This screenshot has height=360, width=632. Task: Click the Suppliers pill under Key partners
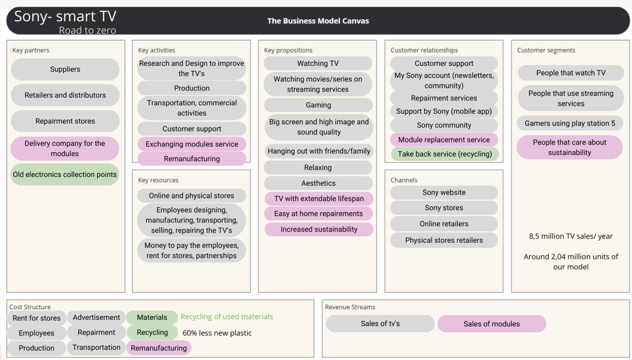pos(65,69)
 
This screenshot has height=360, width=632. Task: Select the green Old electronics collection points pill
pos(65,174)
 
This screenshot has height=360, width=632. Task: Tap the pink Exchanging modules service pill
pos(192,144)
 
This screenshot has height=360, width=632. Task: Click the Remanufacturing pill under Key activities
pos(192,159)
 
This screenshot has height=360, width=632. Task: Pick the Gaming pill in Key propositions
pos(318,105)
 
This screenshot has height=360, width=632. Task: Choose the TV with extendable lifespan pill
pos(319,198)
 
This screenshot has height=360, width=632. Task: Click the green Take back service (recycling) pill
pos(444,154)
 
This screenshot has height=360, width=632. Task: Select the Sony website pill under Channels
pos(444,192)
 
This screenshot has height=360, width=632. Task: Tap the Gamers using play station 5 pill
pos(569,123)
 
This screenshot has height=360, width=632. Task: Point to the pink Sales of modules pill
pos(491,324)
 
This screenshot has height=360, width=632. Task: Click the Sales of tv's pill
pos(380,323)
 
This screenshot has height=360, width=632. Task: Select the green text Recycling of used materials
pos(227,317)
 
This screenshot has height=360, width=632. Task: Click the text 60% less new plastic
pos(217,333)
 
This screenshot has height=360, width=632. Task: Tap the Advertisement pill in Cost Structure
pos(96,317)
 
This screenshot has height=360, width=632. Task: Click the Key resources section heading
pos(158,180)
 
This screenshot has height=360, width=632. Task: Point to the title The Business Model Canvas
pos(318,21)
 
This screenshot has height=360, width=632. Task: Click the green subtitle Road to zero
pos(87,30)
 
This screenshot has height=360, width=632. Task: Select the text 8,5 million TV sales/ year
pos(571,236)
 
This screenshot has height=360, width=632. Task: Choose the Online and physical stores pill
pos(191,196)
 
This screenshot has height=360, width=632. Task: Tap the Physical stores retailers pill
pos(444,240)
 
